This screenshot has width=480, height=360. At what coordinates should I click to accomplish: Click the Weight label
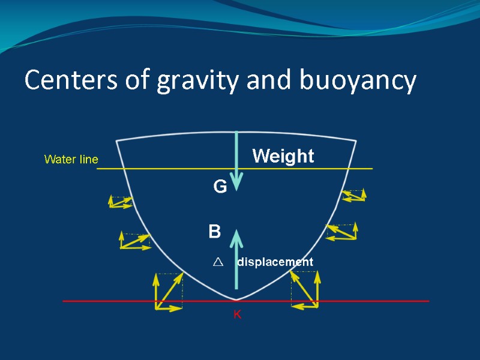[x=283, y=157]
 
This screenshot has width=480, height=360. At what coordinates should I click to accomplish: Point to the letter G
[x=220, y=188]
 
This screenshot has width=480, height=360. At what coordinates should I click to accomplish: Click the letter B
[x=215, y=232]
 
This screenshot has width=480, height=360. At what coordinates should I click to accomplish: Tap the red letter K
[x=237, y=314]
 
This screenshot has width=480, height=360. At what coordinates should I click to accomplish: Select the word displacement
[x=275, y=262]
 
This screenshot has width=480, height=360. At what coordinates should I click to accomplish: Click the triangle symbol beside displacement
[x=217, y=262]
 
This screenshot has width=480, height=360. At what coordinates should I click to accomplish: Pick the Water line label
[x=71, y=160]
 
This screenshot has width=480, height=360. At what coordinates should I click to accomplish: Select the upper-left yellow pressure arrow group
[x=120, y=202]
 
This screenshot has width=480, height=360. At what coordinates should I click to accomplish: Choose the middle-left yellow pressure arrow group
[x=134, y=241]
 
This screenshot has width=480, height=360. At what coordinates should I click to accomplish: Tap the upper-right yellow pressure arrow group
[x=353, y=195]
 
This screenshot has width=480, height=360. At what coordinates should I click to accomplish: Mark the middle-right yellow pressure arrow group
[x=342, y=232]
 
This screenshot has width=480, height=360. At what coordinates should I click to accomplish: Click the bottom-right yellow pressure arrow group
[x=305, y=289]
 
